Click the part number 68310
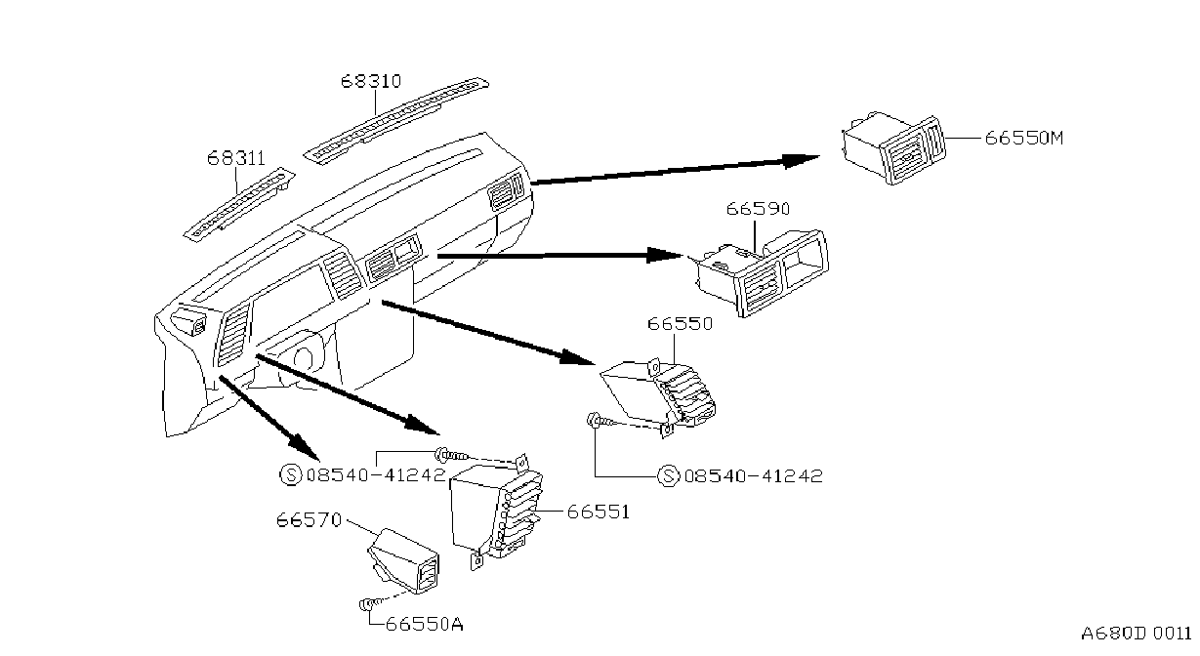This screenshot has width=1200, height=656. coord(371,81)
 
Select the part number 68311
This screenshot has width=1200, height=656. coord(236,158)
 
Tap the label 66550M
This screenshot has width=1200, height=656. coord(1023,139)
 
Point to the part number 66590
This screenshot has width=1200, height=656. coord(758,208)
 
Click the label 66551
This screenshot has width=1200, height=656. coord(598,512)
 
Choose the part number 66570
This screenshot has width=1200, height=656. coord(310,520)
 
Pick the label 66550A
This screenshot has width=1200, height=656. coord(425,624)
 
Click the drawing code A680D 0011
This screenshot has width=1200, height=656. coord(1136,634)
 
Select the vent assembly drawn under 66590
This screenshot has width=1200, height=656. coord(762,273)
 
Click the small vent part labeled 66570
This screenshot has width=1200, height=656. coord(404,559)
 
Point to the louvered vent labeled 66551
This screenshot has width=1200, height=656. coord(496,512)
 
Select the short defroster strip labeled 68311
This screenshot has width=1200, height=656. coord(239,205)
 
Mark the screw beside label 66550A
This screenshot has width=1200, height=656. coord(371,603)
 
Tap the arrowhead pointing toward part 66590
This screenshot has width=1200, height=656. coord(664,255)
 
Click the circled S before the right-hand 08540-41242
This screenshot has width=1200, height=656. coord(669,476)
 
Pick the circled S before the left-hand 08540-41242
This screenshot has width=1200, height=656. coord(291,474)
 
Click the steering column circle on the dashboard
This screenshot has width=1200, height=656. coord(304,357)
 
